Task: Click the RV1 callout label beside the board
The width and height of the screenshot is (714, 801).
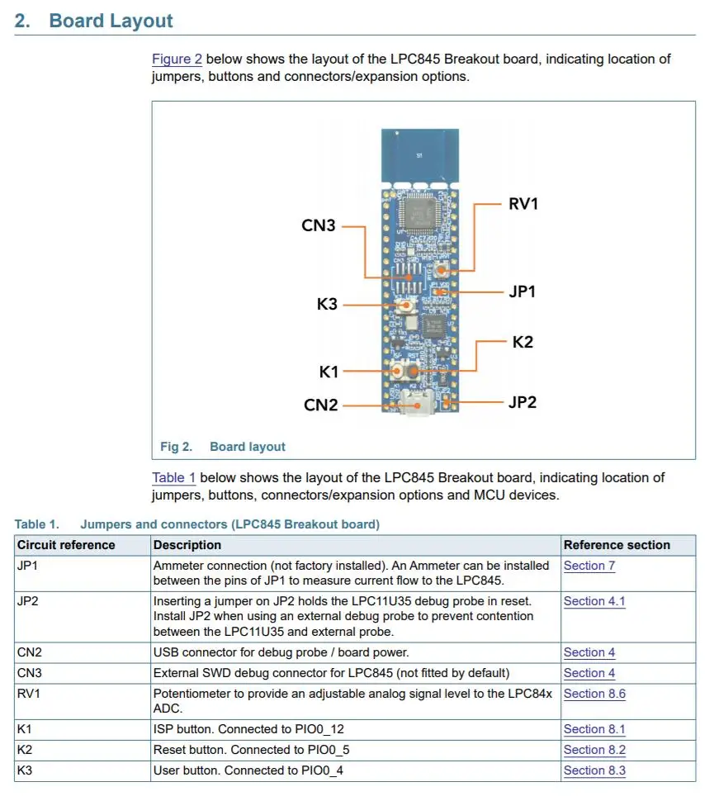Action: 523,203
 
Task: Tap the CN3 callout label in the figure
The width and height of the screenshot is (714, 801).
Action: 319,225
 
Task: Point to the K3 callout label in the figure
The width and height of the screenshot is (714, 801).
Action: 328,304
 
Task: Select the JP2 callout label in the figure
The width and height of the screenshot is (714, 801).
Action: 522,402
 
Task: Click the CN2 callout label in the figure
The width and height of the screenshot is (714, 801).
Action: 321,405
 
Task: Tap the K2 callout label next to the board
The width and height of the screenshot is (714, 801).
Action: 522,341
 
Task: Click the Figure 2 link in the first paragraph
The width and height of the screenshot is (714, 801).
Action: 177,59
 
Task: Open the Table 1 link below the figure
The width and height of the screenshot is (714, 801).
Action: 173,477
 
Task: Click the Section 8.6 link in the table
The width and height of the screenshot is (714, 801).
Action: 593,694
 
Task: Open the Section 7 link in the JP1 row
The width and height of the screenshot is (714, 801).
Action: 589,566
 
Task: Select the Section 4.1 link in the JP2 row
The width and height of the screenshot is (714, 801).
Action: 593,601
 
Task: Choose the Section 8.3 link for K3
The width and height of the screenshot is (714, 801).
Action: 593,770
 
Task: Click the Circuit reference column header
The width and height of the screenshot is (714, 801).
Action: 66,545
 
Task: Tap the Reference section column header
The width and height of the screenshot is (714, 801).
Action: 617,545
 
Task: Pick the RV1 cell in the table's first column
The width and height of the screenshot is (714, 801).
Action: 28,694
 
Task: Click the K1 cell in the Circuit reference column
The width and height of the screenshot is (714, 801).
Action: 24,729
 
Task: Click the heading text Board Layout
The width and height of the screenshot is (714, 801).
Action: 111,21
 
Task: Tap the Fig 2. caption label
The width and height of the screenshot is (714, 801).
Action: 176,447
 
